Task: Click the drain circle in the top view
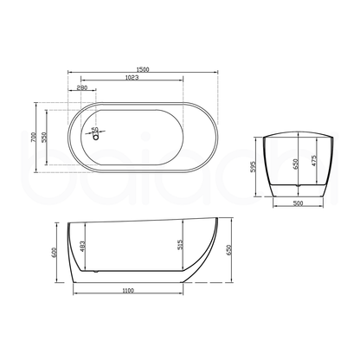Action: click(94, 133)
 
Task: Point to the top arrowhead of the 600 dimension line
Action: click(60, 222)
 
